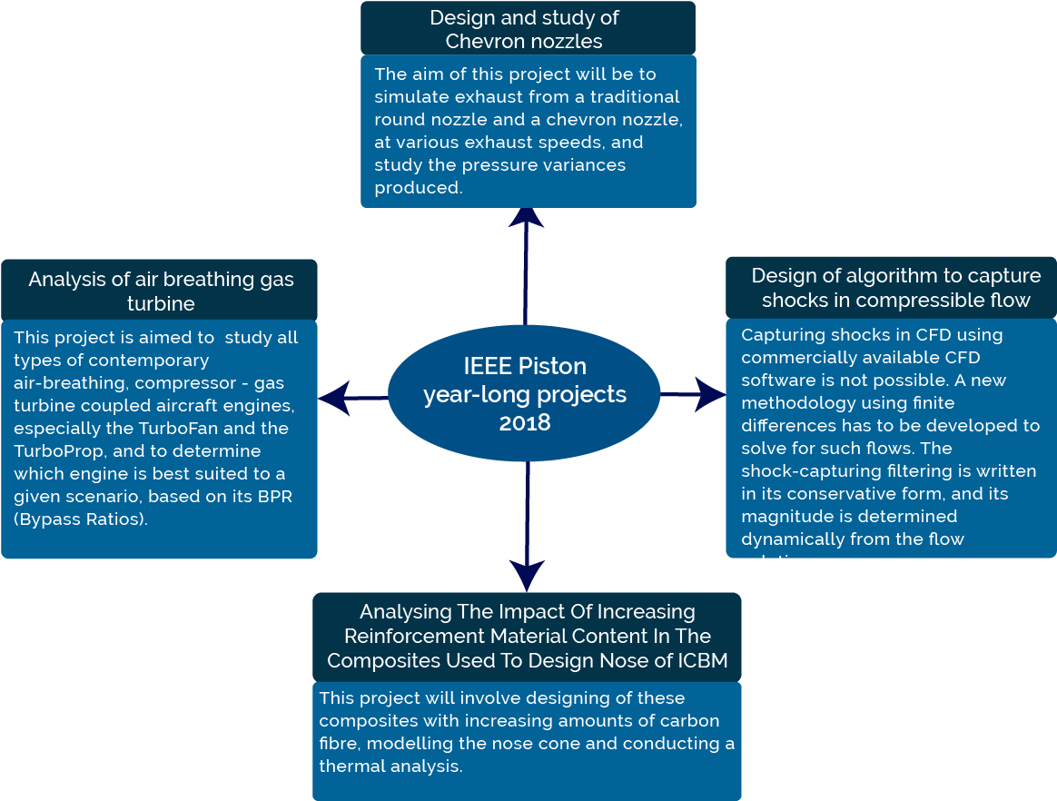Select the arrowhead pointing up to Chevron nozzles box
526,217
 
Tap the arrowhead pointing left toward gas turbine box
334,398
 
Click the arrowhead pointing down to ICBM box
527,574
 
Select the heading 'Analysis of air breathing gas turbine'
161,291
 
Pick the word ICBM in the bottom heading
703,660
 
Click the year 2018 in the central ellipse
524,423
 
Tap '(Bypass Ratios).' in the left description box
81,519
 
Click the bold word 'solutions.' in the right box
782,562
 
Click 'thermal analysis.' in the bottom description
390,766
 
